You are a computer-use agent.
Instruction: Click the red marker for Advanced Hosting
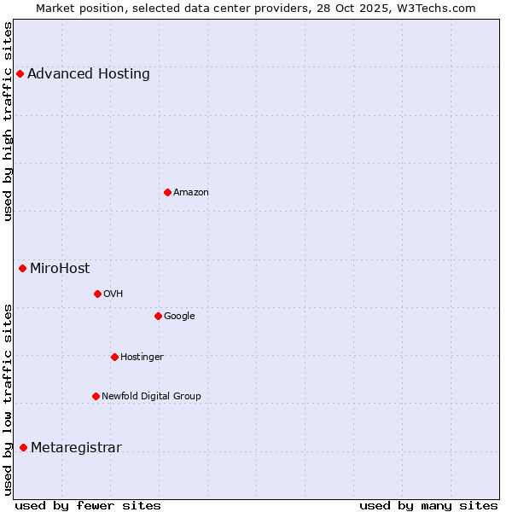(20, 73)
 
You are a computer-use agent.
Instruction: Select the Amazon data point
(167, 192)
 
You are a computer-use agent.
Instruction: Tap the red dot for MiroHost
(22, 268)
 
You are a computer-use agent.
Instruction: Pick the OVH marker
(97, 294)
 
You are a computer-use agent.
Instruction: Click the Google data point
(158, 316)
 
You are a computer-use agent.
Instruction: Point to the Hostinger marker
(114, 357)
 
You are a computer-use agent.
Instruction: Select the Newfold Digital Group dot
(96, 396)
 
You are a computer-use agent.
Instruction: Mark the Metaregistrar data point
(23, 448)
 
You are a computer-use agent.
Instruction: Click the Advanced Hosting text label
(89, 73)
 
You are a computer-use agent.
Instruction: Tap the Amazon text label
(191, 192)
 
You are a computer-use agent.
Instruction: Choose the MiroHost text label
(60, 268)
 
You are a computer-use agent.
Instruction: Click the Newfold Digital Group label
(152, 396)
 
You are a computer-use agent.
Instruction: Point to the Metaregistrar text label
(76, 448)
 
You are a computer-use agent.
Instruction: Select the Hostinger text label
(142, 357)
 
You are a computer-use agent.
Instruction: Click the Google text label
(179, 316)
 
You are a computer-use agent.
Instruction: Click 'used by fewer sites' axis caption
(88, 505)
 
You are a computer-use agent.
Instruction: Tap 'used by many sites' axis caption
(428, 505)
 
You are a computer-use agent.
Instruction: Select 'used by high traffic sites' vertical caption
(9, 121)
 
